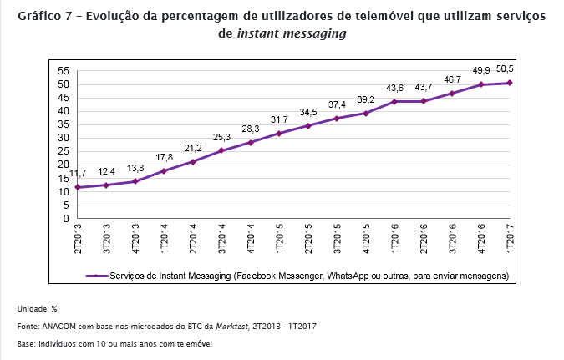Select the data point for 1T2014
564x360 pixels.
pos(164,171)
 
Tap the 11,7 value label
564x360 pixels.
pos(77,172)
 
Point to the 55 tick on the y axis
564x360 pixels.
pos(62,71)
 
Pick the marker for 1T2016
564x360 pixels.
pos(394,102)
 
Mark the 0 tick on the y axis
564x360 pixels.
pos(64,219)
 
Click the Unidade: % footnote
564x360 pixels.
pos(37,308)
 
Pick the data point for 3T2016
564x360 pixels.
pos(452,94)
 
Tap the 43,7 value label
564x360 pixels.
pos(424,87)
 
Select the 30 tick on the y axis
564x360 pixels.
pos(62,139)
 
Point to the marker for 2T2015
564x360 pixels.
pos(308,126)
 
